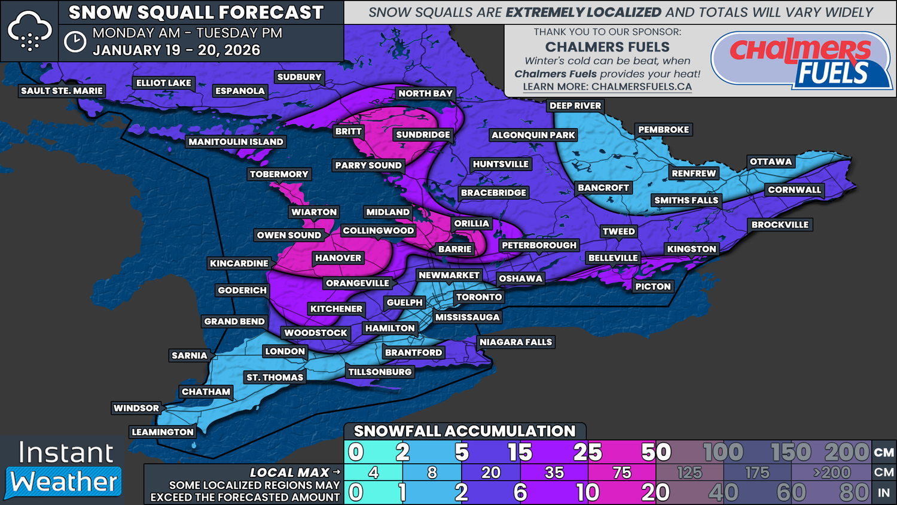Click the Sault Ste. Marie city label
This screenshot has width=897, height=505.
62,91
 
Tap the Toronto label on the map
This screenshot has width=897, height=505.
479,297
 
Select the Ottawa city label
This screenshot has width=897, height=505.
770,162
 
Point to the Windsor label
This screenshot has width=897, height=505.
136,408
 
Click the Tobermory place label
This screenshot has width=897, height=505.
279,174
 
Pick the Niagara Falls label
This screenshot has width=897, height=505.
515,342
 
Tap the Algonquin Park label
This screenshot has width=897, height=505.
533,135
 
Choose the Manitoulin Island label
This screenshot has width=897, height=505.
236,142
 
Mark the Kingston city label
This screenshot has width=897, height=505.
691,249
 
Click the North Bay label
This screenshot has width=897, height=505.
425,93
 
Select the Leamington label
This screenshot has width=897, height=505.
163,432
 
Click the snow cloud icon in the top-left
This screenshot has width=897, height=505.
29,31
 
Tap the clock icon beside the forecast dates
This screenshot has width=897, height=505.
75,42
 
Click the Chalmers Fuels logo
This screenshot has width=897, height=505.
801,61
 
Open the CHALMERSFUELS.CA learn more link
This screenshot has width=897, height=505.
607,87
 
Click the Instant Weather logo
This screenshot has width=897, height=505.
65,469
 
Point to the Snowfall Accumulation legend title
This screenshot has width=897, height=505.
464,431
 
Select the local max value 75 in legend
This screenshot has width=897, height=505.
622,473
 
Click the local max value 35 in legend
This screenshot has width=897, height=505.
554,473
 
